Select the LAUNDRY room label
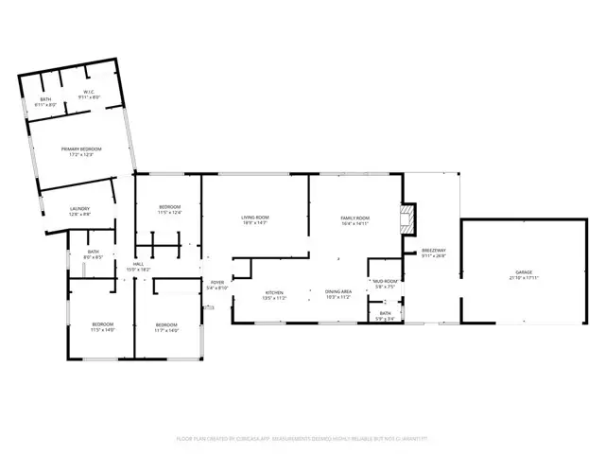79,212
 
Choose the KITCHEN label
274,294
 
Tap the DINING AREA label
338,294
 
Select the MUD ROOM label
384,284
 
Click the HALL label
138,267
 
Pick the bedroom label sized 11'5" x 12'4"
169,210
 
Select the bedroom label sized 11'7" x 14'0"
166,328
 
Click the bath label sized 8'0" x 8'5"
93,254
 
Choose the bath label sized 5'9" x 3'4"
385,316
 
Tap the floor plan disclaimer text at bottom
302,439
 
